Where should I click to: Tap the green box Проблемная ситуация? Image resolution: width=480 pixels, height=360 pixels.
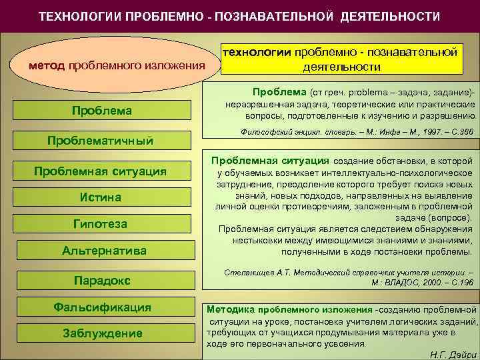coord(100,171)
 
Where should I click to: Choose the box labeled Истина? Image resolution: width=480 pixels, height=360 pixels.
coord(100,197)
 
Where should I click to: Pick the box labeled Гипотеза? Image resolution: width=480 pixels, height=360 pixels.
coord(100,223)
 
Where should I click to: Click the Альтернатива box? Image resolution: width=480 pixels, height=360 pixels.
coord(103,251)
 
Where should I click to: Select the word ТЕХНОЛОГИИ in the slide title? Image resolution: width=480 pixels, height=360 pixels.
coord(79,16)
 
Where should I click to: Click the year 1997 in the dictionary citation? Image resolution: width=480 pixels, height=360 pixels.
coord(417,133)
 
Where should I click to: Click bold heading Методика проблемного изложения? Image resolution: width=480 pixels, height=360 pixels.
coord(289,310)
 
